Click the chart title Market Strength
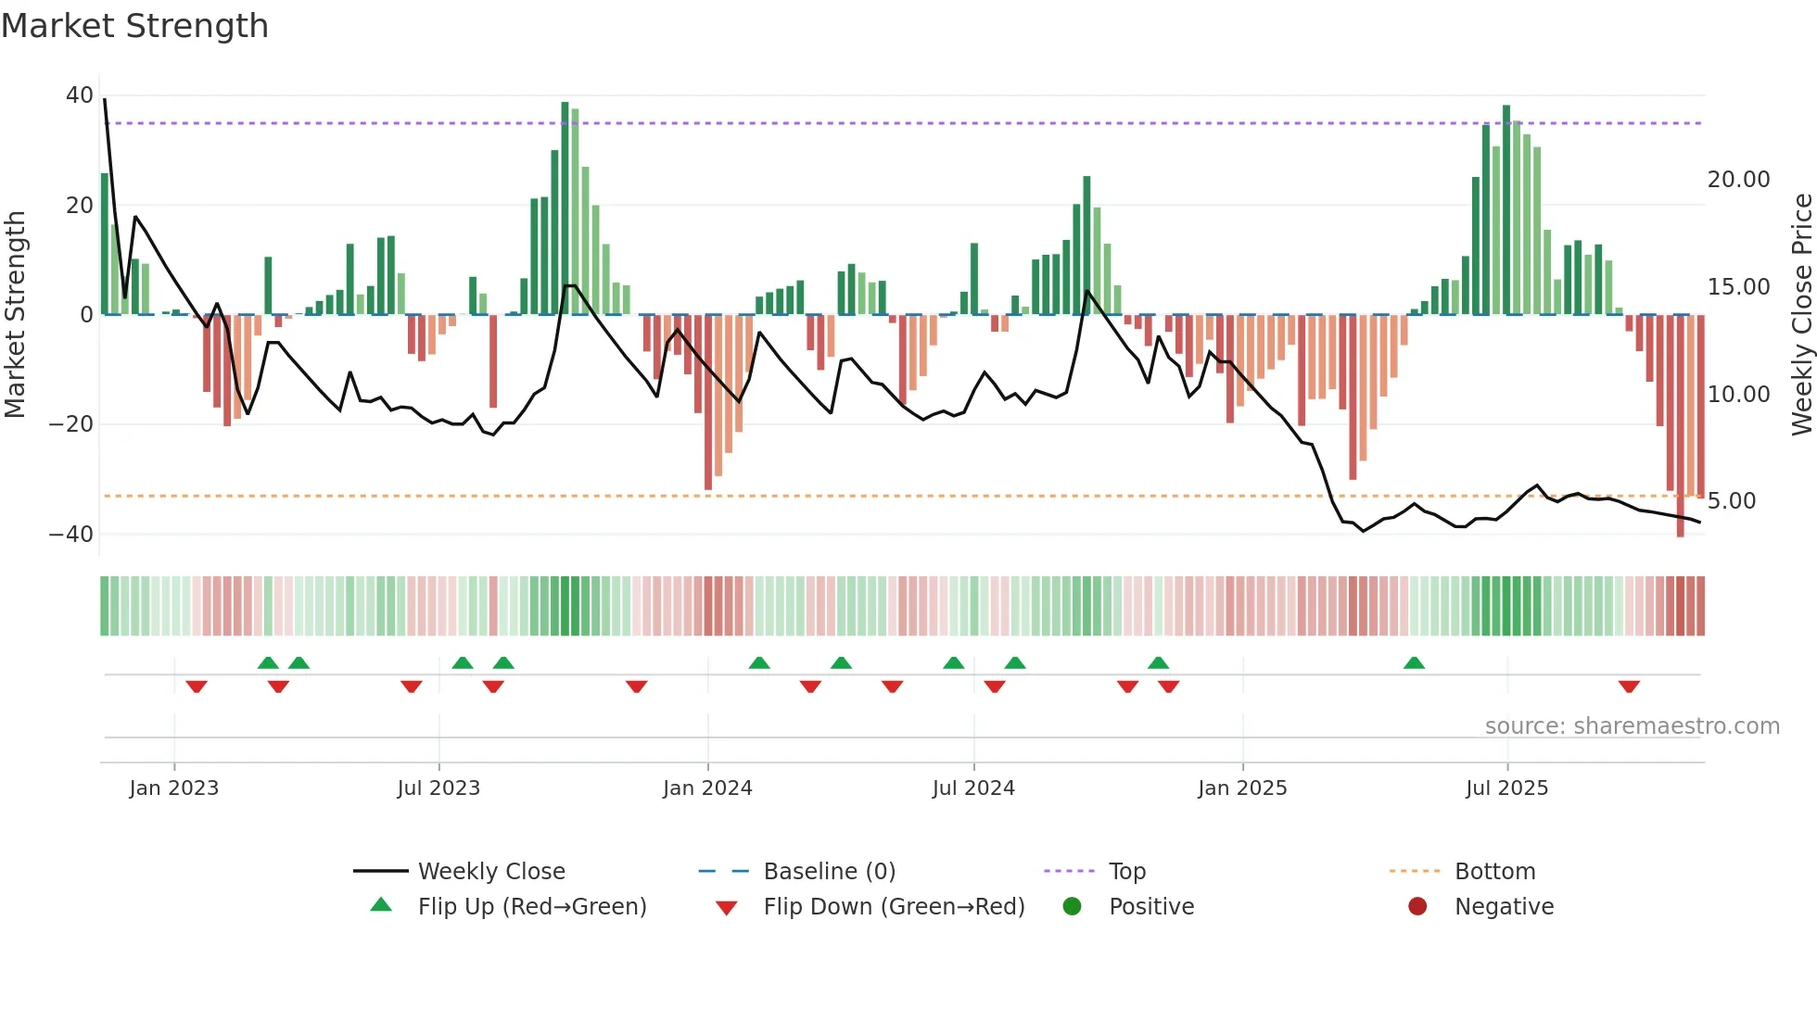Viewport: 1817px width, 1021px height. (x=134, y=26)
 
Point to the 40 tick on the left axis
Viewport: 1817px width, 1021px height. (x=79, y=95)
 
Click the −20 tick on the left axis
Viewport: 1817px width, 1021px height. (x=71, y=424)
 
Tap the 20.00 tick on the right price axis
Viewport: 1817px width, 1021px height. (x=1738, y=180)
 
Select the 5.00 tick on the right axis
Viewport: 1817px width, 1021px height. (x=1732, y=501)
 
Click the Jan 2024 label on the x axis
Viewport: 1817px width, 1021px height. (x=707, y=788)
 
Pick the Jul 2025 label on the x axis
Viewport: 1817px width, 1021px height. (x=1506, y=788)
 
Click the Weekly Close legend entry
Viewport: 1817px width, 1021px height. (x=490, y=872)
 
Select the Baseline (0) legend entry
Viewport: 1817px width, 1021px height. (x=829, y=872)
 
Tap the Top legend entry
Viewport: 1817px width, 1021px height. (x=1126, y=872)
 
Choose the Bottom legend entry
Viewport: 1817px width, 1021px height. (x=1494, y=872)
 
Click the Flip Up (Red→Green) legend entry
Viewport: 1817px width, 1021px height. (x=531, y=907)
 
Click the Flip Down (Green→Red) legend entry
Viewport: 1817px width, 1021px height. (x=893, y=907)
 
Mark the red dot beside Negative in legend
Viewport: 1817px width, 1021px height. (x=1417, y=907)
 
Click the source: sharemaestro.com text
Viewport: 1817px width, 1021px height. (x=1632, y=726)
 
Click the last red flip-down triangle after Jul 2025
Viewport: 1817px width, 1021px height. (x=1629, y=687)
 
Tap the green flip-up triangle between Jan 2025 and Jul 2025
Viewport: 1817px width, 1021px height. (x=1414, y=663)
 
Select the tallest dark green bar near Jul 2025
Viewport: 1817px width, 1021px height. (x=1506, y=209)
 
